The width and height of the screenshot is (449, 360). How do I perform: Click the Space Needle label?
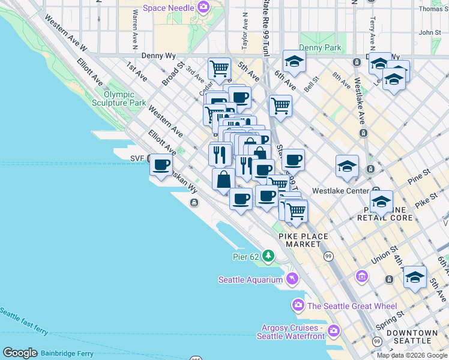point(168,8)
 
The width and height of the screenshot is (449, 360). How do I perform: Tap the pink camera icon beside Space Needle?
point(204,8)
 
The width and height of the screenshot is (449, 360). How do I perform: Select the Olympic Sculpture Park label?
point(124,99)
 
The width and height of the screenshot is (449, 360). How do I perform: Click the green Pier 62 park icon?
point(268,257)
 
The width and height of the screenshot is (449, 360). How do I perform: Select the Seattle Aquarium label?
point(250,280)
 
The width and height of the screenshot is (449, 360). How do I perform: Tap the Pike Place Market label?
point(304,240)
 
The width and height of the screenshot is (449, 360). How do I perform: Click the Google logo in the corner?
point(20,353)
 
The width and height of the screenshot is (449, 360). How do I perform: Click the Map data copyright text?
point(412,355)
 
